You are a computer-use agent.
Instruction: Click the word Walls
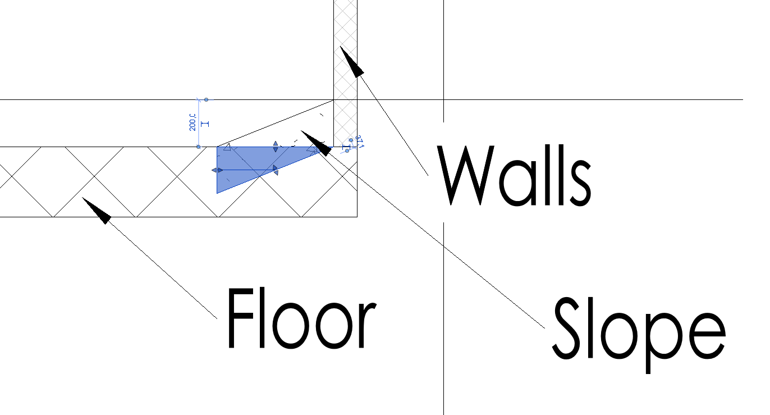click(515, 175)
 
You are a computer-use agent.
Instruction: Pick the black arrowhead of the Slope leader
click(315, 142)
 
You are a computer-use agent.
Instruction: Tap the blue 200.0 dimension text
click(192, 122)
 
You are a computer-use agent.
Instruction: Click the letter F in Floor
click(240, 318)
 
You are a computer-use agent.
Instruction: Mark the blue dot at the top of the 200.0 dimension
click(206, 99)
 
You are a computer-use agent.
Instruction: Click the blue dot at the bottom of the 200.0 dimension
click(199, 147)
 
